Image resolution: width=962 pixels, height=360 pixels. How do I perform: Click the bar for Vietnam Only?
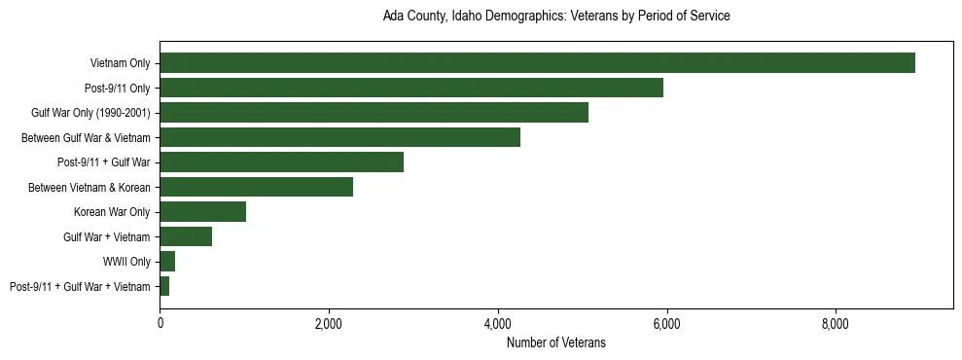point(537,63)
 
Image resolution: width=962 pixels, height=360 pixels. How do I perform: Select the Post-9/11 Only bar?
point(411,88)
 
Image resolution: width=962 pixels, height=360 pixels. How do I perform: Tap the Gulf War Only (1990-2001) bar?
point(374,113)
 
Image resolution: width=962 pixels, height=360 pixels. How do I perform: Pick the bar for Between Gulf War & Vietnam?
point(339,137)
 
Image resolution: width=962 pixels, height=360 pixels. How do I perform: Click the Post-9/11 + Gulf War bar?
point(281,162)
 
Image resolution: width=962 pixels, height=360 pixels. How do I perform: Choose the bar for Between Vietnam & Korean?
point(256,187)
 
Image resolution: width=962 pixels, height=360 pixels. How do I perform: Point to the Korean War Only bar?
point(202,212)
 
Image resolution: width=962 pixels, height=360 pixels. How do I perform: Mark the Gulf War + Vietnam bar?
point(186,236)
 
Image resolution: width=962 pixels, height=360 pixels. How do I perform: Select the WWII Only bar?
point(167,262)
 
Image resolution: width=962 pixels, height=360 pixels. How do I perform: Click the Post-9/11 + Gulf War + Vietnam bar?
point(164,286)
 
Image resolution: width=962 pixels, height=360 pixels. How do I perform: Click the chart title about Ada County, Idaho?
point(556,17)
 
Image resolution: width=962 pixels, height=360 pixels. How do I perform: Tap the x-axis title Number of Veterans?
point(556,342)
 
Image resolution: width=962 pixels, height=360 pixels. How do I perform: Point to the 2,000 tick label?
point(329,323)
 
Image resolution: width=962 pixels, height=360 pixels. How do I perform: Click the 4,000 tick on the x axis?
point(498,323)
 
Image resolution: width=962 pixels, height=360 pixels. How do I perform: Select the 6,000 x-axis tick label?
point(667,323)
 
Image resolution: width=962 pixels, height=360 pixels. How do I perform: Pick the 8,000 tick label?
point(836,323)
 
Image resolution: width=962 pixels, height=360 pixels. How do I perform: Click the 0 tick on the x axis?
point(160,323)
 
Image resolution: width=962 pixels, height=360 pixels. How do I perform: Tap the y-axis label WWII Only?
point(126,262)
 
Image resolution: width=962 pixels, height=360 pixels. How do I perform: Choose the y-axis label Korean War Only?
point(112,212)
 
